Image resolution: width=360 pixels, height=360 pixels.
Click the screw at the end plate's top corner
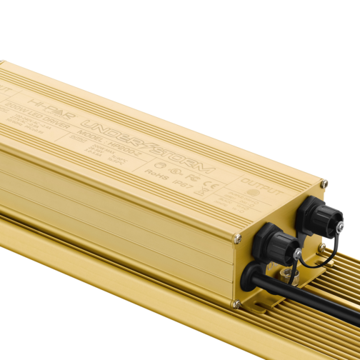coord(324,184)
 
